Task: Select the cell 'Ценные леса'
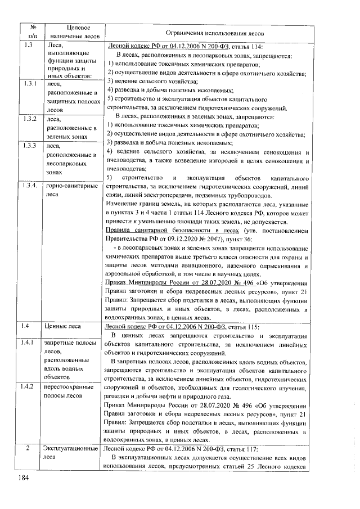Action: (x=64, y=326)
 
